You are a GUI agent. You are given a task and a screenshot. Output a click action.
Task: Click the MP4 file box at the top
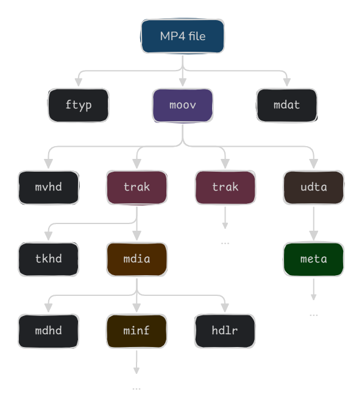(x=183, y=37)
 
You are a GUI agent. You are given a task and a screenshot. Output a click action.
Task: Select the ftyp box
(x=79, y=105)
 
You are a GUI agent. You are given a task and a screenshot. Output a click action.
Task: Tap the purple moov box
(x=183, y=105)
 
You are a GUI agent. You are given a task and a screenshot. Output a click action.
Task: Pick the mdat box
(x=286, y=105)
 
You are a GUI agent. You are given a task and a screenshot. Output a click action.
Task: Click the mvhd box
(x=48, y=187)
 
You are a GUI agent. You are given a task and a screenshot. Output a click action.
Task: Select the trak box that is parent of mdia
(x=137, y=187)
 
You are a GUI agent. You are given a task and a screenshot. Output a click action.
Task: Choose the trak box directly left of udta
(x=225, y=187)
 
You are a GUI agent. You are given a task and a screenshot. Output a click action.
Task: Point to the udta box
(x=314, y=187)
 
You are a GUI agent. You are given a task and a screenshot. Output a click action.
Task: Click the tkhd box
(x=48, y=259)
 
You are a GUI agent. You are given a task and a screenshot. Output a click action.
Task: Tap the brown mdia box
(x=137, y=259)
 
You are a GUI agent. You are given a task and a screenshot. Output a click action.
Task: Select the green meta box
(x=314, y=259)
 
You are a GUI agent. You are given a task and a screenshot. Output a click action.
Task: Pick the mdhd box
(x=48, y=331)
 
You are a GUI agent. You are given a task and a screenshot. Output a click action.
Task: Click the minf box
(x=137, y=331)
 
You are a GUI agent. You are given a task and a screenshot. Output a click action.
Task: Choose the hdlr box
(x=225, y=331)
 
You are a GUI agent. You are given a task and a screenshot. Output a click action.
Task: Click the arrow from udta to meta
(x=314, y=223)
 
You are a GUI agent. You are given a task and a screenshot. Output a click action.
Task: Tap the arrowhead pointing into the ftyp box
(x=79, y=82)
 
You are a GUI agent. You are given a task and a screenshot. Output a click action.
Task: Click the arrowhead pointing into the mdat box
(x=286, y=82)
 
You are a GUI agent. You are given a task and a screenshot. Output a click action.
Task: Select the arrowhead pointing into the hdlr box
(x=225, y=308)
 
